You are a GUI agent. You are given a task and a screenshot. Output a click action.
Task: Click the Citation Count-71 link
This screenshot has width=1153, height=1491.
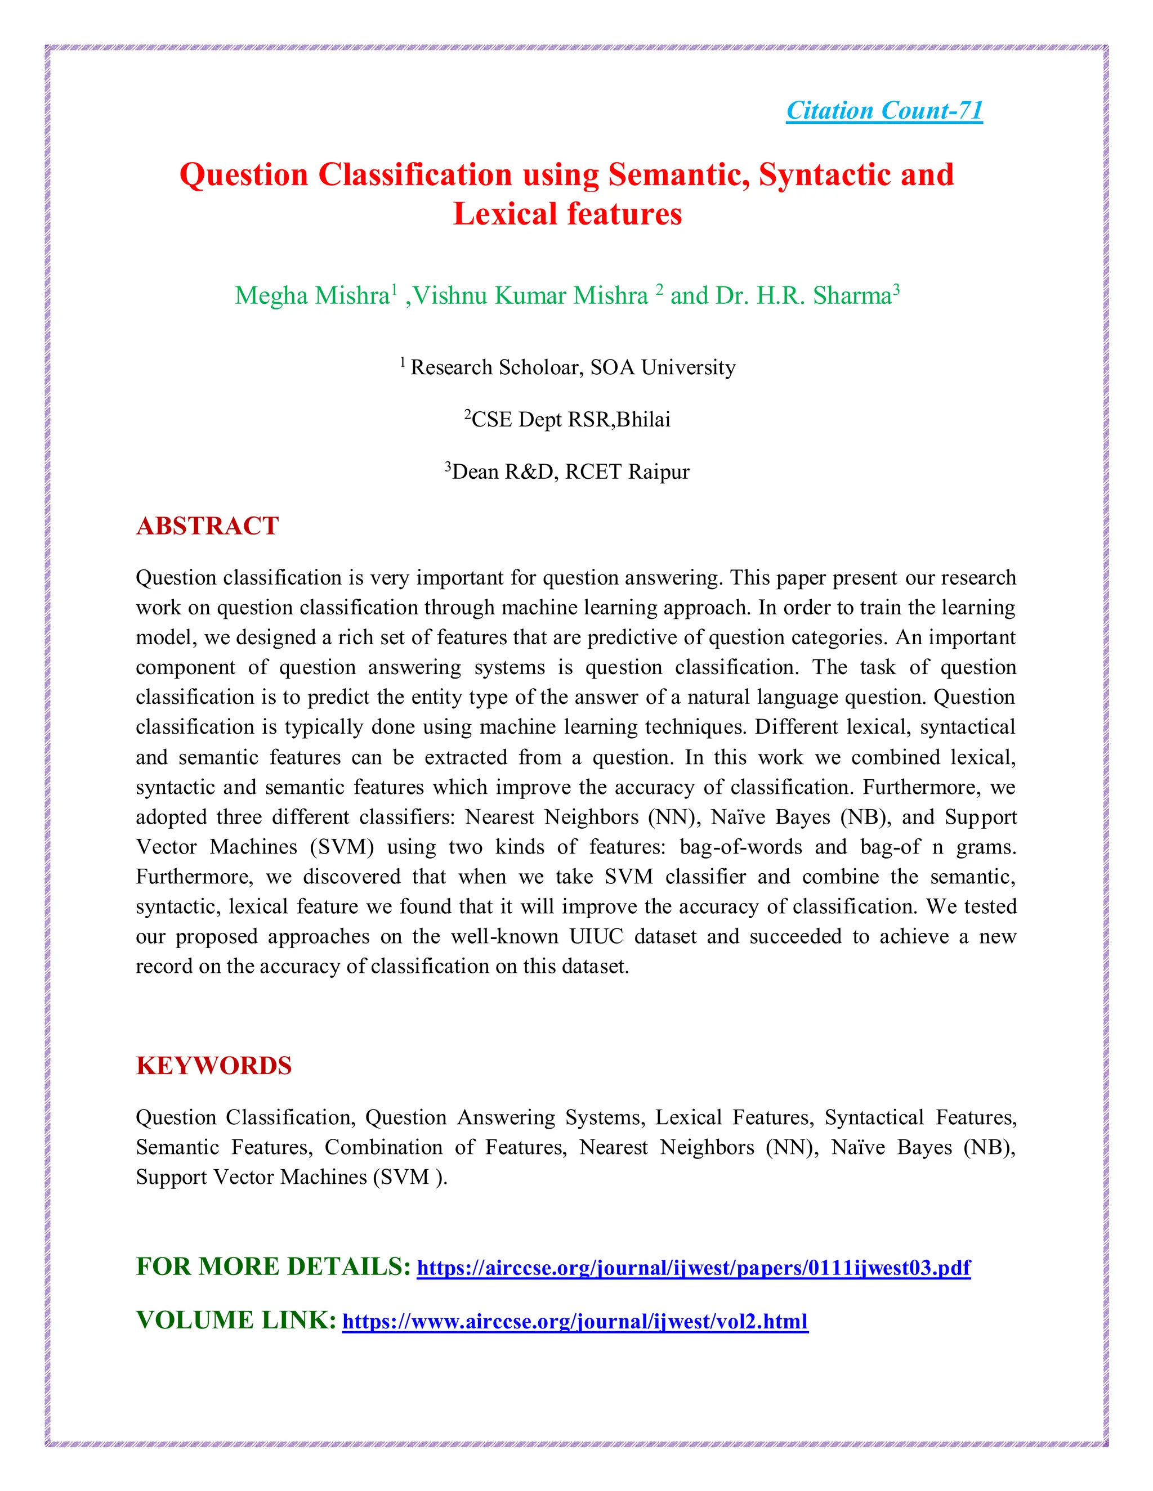coord(884,111)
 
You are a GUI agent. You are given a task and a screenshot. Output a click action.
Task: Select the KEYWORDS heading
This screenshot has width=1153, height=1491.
coord(214,1066)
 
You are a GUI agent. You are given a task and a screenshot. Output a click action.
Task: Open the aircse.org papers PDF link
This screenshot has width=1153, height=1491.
coord(693,1268)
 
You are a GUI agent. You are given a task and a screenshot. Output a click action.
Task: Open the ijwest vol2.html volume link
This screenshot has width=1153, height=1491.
coord(575,1321)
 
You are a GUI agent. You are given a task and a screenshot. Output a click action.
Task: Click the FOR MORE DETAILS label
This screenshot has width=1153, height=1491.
coord(273,1267)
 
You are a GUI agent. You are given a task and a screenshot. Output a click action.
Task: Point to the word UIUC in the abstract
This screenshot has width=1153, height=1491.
coord(596,936)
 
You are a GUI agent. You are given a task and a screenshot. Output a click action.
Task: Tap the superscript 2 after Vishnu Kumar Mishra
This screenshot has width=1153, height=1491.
coord(659,289)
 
